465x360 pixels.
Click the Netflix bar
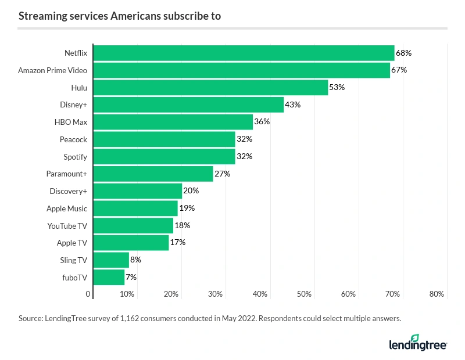[244, 53]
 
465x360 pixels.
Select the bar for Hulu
[210, 88]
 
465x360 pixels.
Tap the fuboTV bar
[109, 277]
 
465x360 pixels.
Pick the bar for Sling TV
[111, 260]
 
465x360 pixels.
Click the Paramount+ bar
[153, 174]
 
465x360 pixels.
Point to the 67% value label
[399, 70]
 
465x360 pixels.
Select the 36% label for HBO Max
[262, 122]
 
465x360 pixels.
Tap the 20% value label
[191, 190]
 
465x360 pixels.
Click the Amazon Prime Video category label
[52, 70]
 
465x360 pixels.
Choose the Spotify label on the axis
[75, 157]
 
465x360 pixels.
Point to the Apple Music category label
[67, 208]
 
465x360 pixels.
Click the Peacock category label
[73, 139]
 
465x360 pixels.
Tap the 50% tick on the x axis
[304, 294]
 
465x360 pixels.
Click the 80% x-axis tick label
[437, 294]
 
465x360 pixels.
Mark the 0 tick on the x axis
[88, 294]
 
